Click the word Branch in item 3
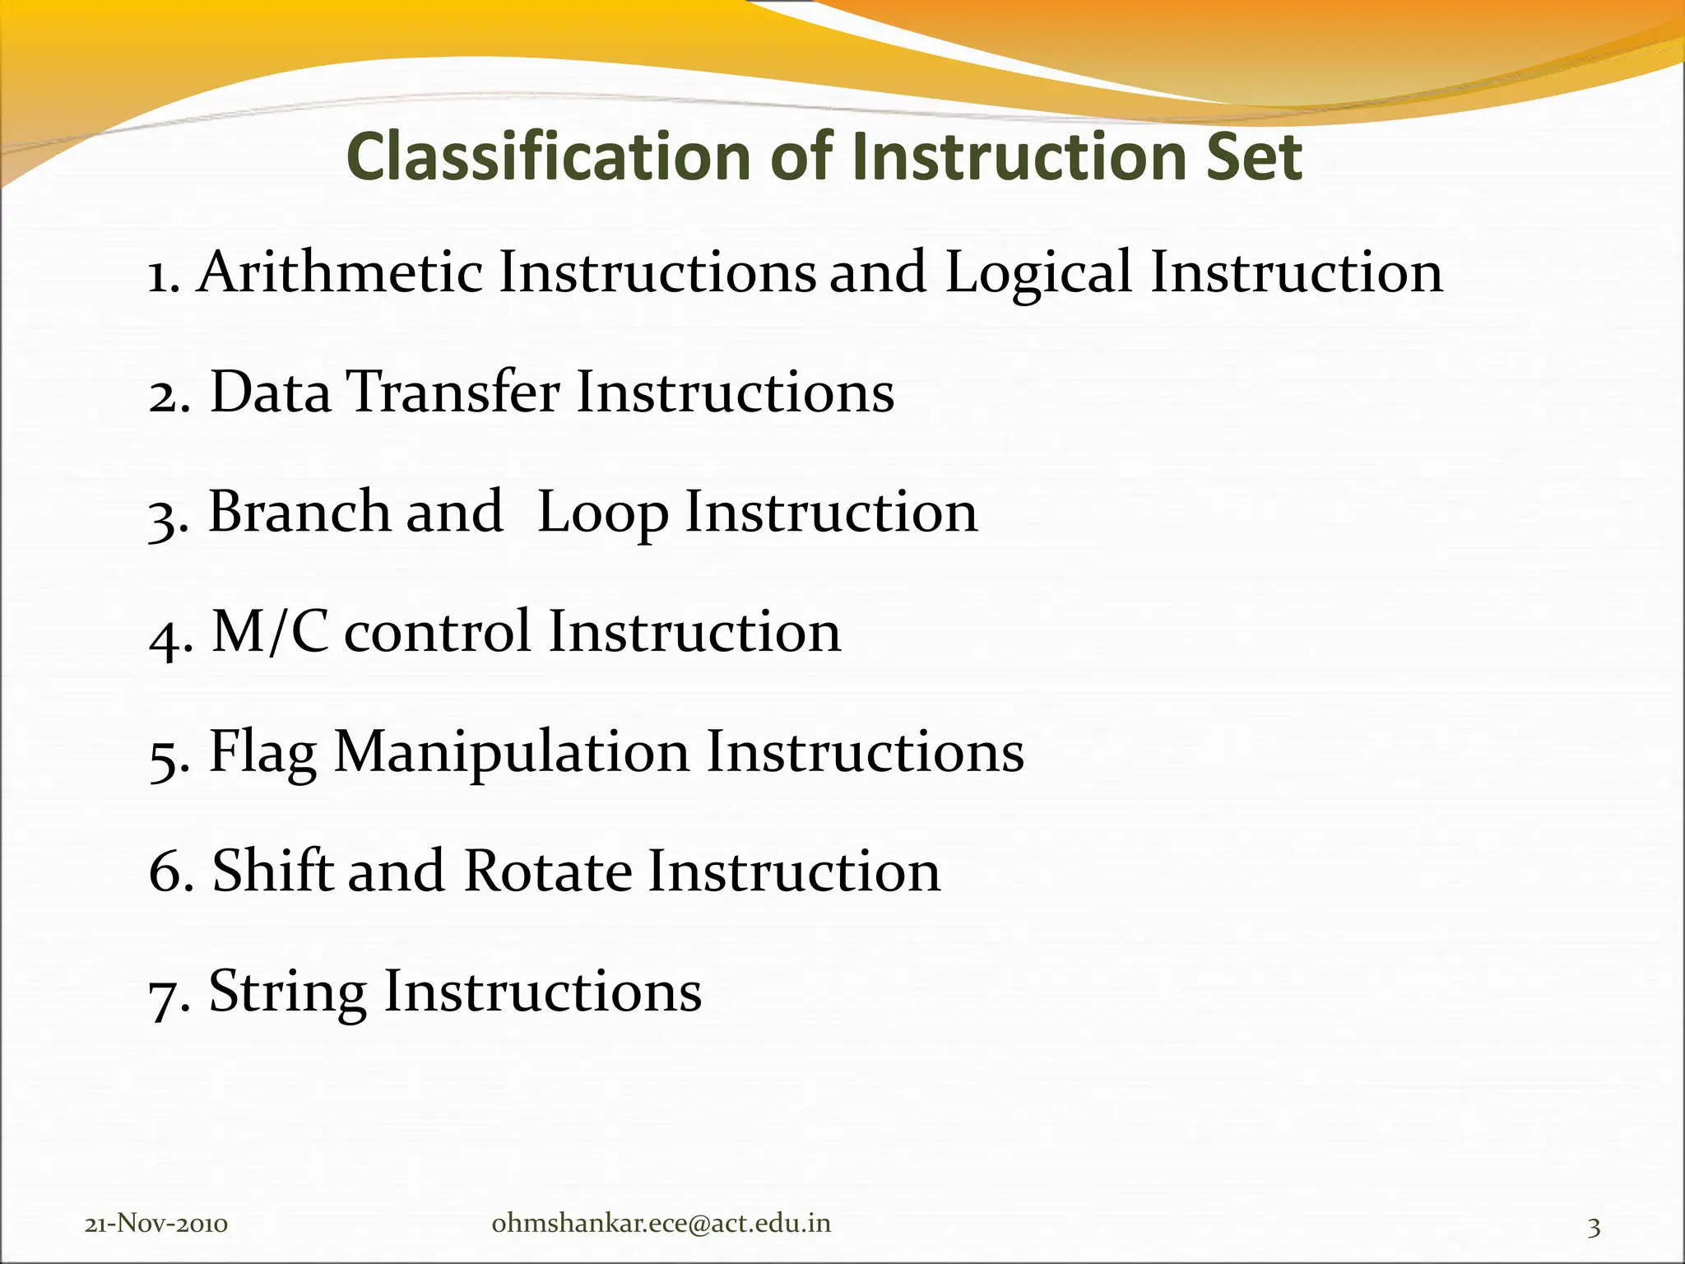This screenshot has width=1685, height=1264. [297, 511]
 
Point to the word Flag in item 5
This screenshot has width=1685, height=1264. [262, 753]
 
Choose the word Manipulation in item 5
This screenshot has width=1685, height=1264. [511, 753]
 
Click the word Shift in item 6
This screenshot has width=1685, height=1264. [272, 871]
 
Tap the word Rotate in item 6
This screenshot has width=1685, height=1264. [547, 871]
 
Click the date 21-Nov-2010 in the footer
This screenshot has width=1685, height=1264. [156, 1224]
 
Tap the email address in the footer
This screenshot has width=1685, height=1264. [661, 1224]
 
